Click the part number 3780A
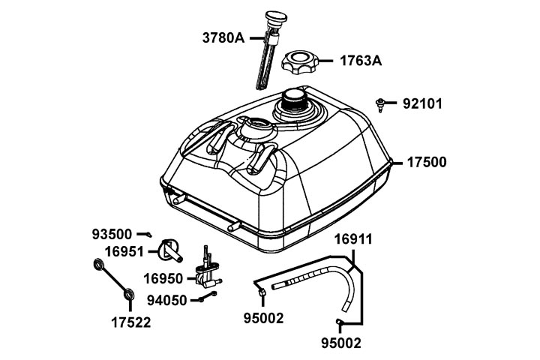coord(223,37)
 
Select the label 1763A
coord(361,61)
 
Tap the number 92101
coord(422,103)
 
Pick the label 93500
coord(112,235)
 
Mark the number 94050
coord(166,300)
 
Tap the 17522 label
coord(131,323)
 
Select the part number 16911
coord(352,240)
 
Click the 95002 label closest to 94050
coord(264,318)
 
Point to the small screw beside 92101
coord(382,103)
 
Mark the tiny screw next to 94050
coord(208,299)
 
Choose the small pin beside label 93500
coord(149,235)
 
